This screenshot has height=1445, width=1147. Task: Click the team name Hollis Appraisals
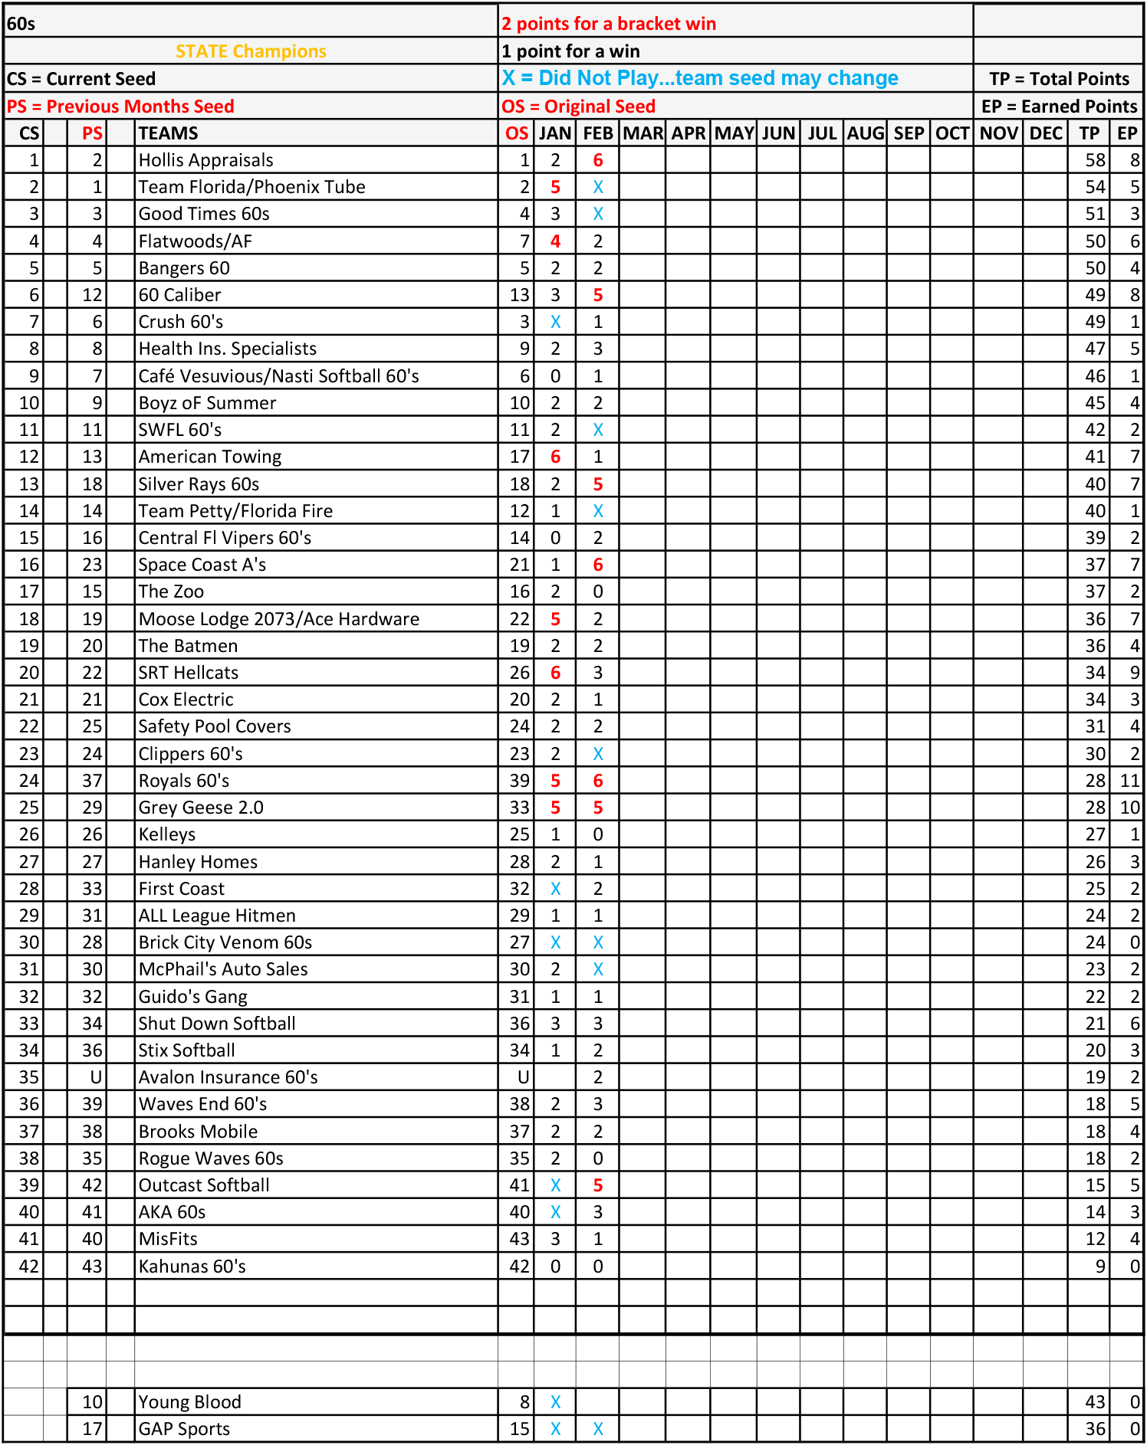click(205, 160)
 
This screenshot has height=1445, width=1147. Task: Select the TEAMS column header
click(168, 133)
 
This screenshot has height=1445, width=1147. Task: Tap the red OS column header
click(516, 133)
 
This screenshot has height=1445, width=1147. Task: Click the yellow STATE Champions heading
click(251, 51)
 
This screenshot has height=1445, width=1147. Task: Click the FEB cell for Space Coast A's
click(597, 565)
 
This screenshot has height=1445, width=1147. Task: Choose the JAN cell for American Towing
click(555, 457)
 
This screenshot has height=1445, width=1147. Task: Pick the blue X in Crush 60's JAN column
click(555, 322)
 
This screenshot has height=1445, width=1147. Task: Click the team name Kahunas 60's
click(192, 1266)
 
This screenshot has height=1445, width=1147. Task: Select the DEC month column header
click(1045, 133)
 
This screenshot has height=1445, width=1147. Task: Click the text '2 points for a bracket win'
click(609, 24)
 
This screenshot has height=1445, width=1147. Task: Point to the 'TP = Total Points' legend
click(1059, 79)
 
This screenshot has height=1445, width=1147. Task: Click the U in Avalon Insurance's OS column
click(523, 1077)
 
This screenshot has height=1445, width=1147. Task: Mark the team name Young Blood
click(189, 1402)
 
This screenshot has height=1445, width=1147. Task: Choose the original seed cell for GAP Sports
click(519, 1429)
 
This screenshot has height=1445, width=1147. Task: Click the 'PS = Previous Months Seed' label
click(120, 106)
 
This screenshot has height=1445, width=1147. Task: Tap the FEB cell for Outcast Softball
click(597, 1185)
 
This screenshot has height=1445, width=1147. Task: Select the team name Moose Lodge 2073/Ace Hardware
click(278, 619)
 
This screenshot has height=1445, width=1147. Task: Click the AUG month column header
click(865, 133)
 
